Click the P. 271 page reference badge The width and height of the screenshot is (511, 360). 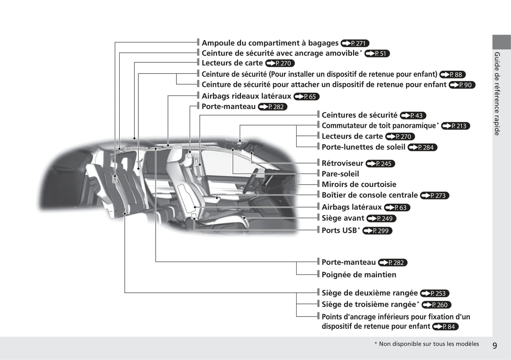point(355,43)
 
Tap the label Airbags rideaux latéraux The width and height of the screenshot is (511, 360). point(246,96)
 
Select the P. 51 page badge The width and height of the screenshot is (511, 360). point(377,54)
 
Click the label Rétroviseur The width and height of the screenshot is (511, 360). point(342,163)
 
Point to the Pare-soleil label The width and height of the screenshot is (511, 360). point(340,174)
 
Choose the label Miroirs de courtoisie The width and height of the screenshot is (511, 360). point(359,184)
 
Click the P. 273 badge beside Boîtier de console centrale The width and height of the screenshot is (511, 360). point(435,195)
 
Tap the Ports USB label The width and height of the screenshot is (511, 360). point(339,230)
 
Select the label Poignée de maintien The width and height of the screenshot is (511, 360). point(359,275)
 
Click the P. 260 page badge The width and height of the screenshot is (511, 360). point(436,305)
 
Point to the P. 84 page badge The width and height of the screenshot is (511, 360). point(445,326)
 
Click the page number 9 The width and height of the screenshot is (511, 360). point(495,346)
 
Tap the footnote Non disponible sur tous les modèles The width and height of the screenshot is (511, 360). point(429,344)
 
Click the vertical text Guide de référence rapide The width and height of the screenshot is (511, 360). point(497,94)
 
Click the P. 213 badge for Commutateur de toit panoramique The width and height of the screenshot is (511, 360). point(455,126)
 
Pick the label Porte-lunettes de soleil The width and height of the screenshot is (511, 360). point(364,147)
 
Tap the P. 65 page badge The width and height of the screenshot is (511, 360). point(306,96)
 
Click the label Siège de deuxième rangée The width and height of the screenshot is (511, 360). point(370,293)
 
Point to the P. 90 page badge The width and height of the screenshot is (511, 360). point(462,85)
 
